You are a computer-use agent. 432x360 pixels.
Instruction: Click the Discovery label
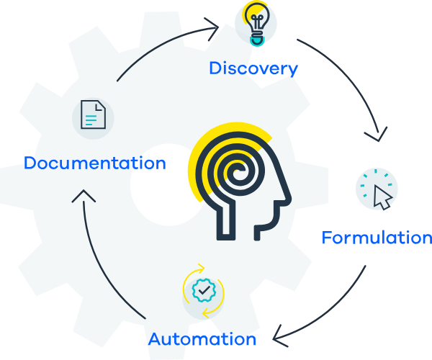(253, 68)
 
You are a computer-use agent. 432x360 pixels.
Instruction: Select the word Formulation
(376, 238)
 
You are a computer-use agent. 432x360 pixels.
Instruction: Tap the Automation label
(202, 338)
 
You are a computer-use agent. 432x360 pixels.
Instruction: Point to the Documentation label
(94, 163)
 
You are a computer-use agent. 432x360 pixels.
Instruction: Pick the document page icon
(93, 114)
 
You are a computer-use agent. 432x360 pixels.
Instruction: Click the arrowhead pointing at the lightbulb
(212, 28)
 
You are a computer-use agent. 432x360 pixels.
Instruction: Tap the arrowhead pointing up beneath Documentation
(84, 196)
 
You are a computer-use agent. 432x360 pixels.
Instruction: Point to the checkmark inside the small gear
(204, 290)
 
